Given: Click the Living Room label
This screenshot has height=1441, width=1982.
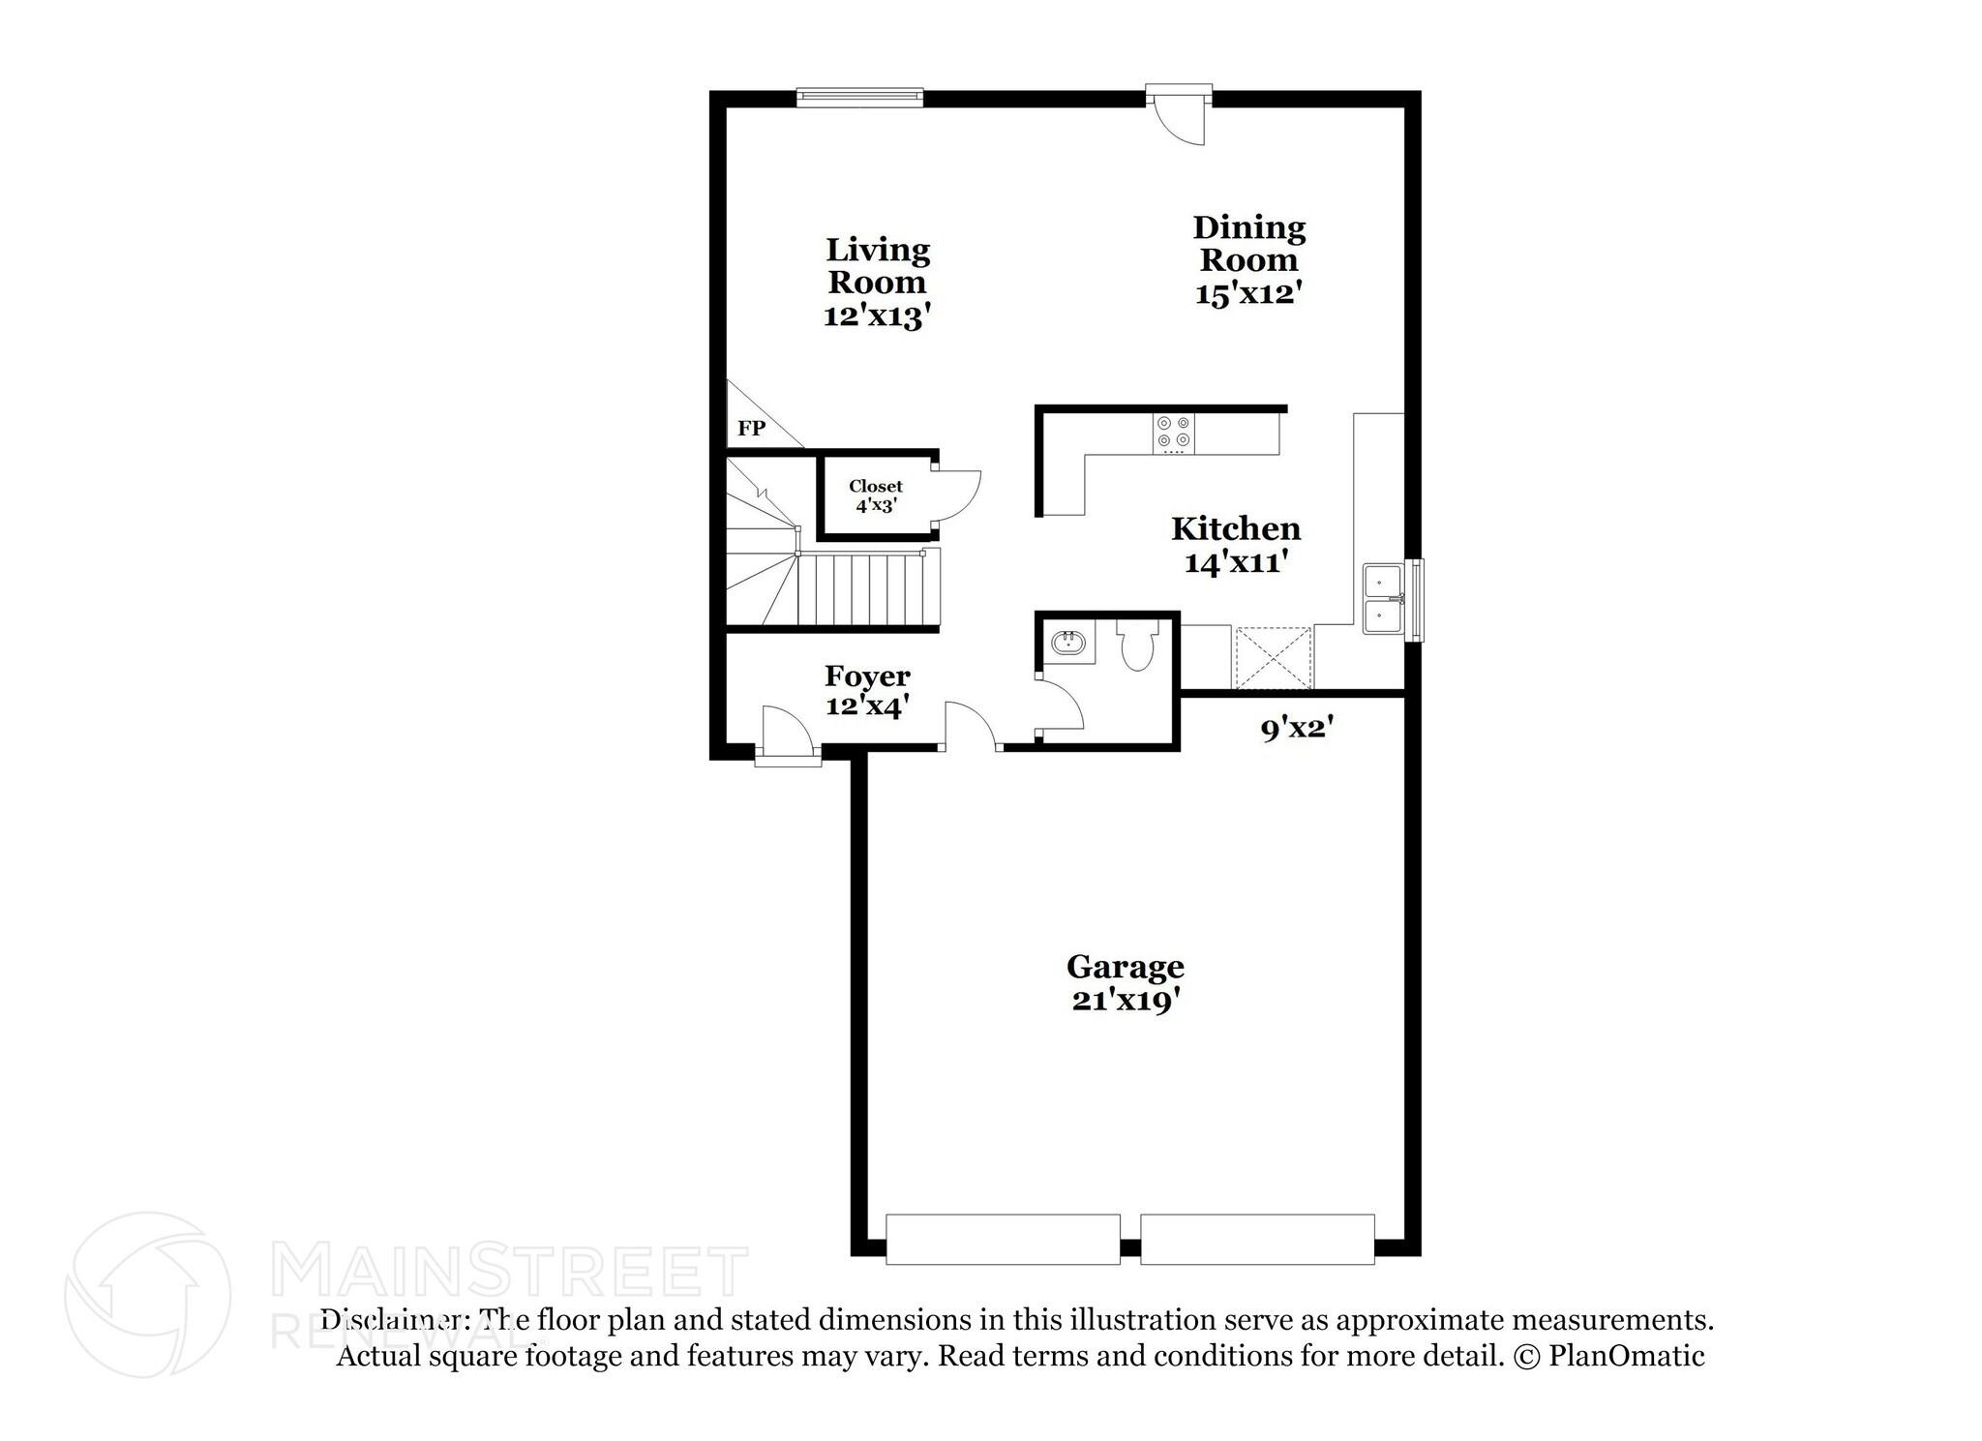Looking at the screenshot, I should (877, 266).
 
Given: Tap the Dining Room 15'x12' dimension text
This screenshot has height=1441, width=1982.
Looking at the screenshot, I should (1248, 293).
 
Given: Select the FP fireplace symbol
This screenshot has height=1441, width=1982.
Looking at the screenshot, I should (752, 428).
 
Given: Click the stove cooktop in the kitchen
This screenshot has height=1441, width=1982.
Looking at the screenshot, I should (1174, 434).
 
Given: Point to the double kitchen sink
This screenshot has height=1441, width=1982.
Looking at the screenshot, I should (1384, 598).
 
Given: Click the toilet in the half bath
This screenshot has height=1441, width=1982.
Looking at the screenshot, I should (1134, 645).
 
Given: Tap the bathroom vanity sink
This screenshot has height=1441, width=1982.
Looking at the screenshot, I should (1068, 643).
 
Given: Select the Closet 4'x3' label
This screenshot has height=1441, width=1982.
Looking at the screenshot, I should (876, 495).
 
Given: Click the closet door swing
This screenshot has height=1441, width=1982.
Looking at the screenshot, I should (958, 495).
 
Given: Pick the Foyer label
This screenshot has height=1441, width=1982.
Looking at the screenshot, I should (867, 675).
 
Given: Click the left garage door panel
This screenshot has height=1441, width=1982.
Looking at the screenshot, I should (1003, 1240).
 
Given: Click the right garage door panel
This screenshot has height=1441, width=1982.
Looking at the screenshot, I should (1257, 1240).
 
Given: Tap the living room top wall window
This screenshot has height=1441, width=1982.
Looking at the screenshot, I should (859, 96).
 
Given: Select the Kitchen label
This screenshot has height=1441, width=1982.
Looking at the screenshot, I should (1236, 528).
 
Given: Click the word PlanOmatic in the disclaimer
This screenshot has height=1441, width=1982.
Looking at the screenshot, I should (1626, 1356).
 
